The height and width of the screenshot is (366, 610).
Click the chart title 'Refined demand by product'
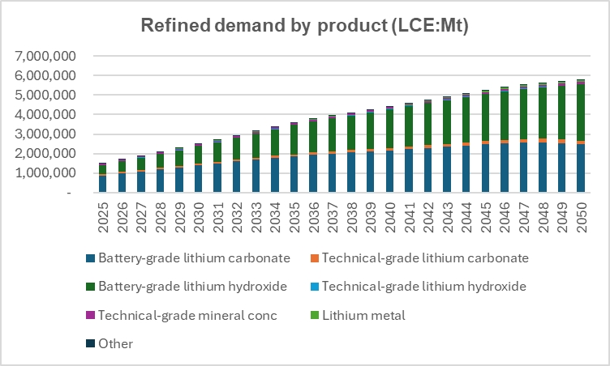[x=305, y=25]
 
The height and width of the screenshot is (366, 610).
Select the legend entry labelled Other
[x=116, y=343]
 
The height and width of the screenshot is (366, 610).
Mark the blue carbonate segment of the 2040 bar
[x=390, y=171]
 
